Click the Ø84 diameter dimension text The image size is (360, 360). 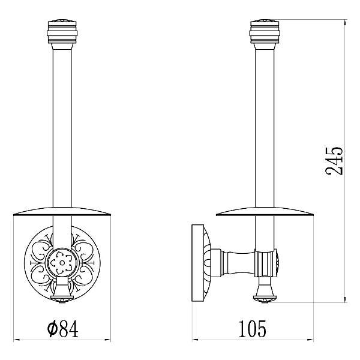pos(62,329)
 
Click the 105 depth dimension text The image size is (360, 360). pos(253,329)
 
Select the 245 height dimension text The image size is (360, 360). pos(334,161)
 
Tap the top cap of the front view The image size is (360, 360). pos(62,32)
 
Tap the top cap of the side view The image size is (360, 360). pos(265,32)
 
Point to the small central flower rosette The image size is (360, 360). pos(62,262)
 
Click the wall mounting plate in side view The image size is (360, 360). pos(198,263)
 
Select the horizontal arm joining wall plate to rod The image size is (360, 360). pos(233,263)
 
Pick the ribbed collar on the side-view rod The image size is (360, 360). pos(265,263)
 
